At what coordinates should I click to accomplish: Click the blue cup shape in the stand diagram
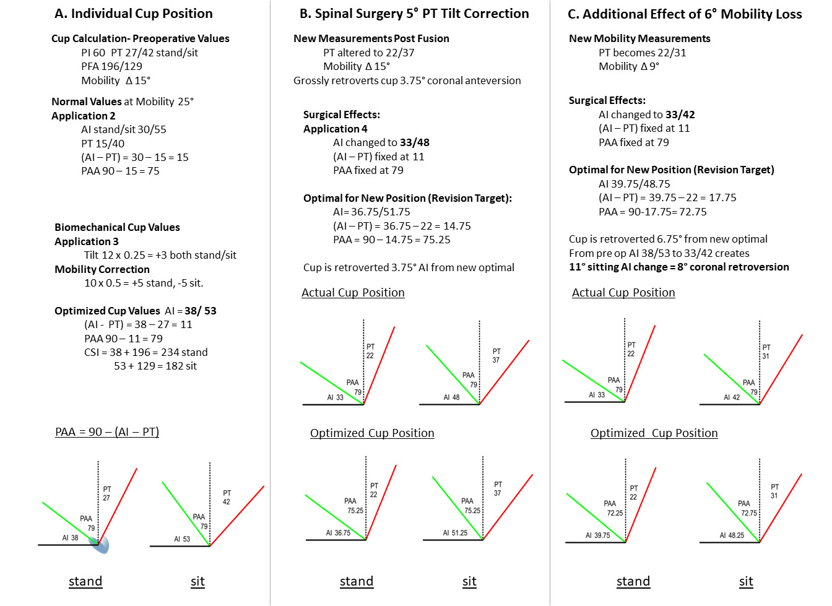point(101,545)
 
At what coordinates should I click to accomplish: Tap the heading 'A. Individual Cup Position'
point(134,14)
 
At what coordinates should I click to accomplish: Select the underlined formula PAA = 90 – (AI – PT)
point(107,432)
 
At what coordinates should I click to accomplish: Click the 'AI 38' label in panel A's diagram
point(70,538)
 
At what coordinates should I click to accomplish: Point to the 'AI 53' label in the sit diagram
point(182,539)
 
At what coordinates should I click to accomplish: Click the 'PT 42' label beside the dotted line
point(227,497)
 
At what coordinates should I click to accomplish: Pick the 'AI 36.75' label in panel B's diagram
point(338,533)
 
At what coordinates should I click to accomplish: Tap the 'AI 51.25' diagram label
point(455,533)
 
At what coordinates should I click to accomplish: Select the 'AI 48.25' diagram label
point(732,535)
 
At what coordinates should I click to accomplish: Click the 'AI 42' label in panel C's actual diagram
point(732,397)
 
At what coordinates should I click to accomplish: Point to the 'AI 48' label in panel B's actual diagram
point(451,397)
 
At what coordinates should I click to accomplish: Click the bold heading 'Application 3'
point(87,241)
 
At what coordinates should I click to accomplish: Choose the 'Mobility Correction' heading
point(102,269)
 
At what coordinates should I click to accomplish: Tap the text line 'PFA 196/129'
point(111,66)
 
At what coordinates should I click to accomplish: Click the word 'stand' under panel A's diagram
point(85,581)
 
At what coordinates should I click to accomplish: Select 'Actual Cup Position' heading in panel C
point(623,293)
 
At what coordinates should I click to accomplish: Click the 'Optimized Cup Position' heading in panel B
point(372,433)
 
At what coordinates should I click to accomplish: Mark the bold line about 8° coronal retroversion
point(678,267)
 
